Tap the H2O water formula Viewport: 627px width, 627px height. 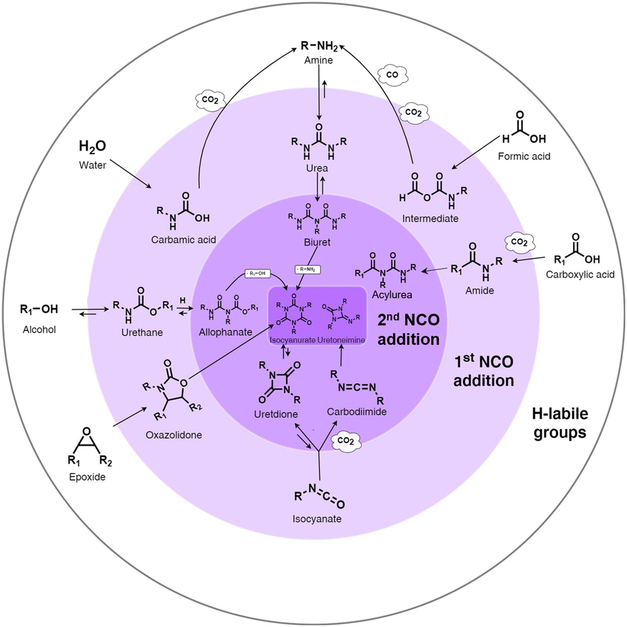[93, 147]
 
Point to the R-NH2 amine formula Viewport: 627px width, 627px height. [320, 46]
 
